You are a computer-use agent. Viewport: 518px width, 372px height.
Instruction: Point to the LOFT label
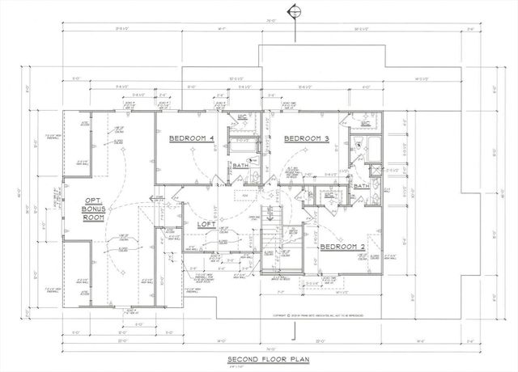[x=205, y=224]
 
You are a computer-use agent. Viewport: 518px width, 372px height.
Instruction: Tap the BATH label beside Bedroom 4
[x=241, y=165]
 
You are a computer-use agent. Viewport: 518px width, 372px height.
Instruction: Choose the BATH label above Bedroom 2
[x=361, y=186]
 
